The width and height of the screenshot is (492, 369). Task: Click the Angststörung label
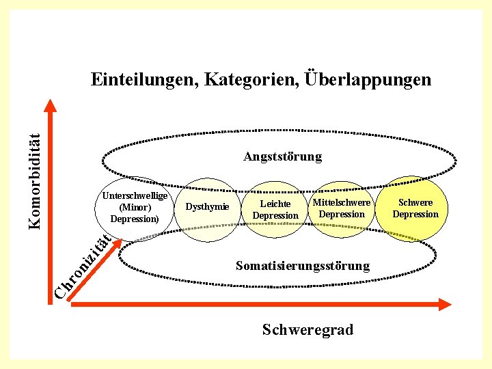point(282,156)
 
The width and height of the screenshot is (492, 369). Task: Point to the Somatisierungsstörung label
point(302,265)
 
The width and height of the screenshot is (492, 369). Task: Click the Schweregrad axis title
point(307,330)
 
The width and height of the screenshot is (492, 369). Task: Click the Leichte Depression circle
point(275,210)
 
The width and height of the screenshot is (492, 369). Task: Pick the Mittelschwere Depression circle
point(342,208)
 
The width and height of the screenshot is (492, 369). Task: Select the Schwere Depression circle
point(415,208)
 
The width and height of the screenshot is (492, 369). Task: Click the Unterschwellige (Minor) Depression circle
point(135,208)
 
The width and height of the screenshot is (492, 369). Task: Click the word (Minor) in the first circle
point(135,207)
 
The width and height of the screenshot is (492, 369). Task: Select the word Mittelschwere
point(342,202)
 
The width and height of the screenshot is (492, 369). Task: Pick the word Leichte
point(275,204)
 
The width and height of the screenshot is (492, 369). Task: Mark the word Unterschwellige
point(135,195)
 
